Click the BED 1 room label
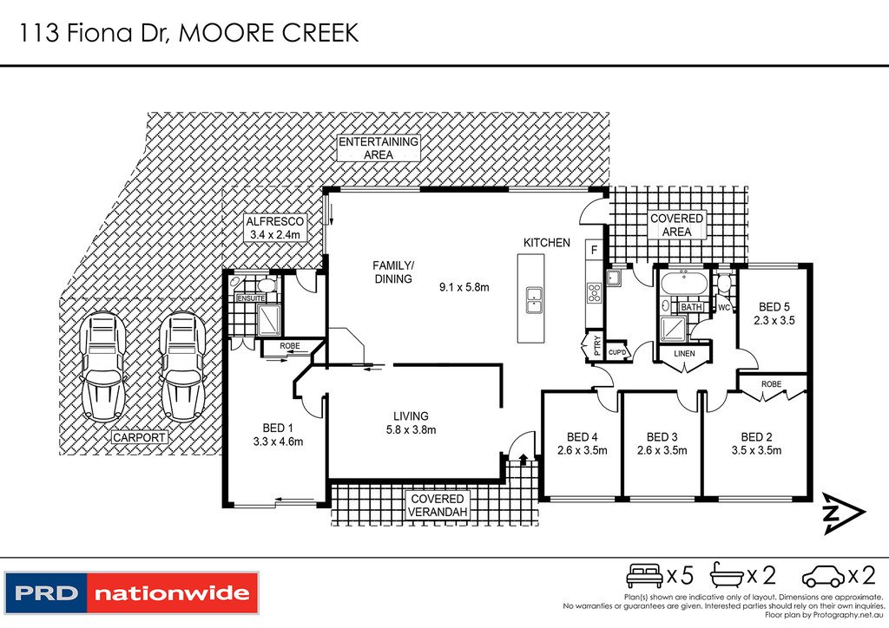(x=277, y=427)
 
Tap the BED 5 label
(x=775, y=307)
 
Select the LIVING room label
(x=411, y=416)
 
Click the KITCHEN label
(x=546, y=243)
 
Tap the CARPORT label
(x=139, y=438)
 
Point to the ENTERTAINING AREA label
(x=378, y=147)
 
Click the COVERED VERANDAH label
(x=438, y=506)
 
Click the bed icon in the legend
(x=644, y=574)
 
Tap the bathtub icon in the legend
(x=730, y=574)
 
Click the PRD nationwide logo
(x=131, y=593)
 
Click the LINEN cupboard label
(x=684, y=352)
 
